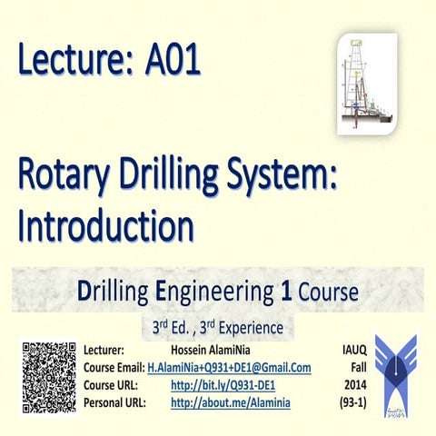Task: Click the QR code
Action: (48, 375)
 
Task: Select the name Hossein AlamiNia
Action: (208, 350)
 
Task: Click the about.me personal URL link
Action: (231, 401)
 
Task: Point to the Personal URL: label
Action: (114, 401)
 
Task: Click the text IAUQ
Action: (355, 350)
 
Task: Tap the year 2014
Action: (355, 384)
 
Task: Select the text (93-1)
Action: (355, 401)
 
